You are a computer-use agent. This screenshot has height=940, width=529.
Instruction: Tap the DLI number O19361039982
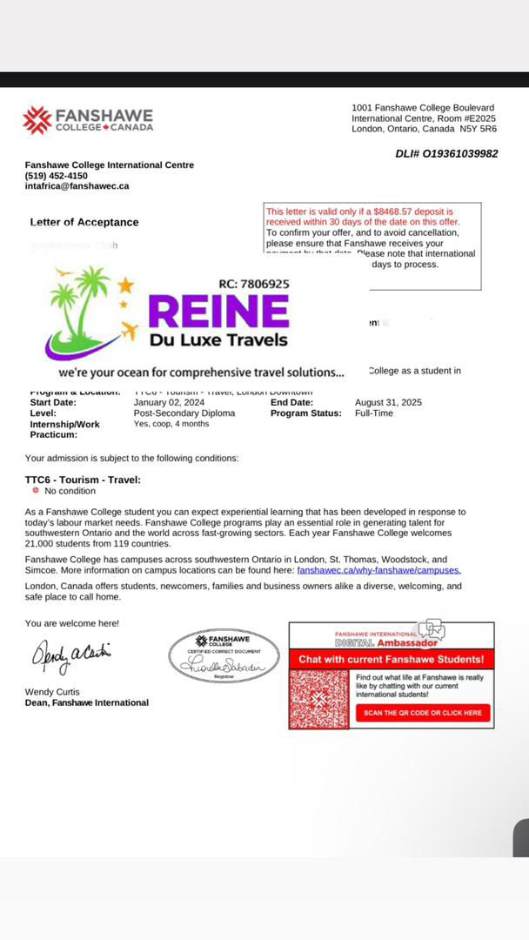pyautogui.click(x=446, y=154)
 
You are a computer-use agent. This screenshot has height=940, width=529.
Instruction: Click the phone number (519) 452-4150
pyautogui.click(x=57, y=176)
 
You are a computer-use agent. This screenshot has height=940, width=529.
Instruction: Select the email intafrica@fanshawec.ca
pyautogui.click(x=77, y=186)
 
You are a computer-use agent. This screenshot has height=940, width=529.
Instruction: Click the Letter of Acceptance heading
pyautogui.click(x=84, y=223)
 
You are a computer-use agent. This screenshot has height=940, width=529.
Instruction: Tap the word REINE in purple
pyautogui.click(x=218, y=312)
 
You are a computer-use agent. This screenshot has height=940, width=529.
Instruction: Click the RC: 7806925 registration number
pyautogui.click(x=248, y=284)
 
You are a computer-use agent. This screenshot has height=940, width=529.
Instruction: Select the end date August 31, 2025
pyautogui.click(x=388, y=403)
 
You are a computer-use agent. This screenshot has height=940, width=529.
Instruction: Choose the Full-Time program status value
pyautogui.click(x=374, y=413)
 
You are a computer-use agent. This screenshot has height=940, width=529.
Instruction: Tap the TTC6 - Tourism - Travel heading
pyautogui.click(x=83, y=480)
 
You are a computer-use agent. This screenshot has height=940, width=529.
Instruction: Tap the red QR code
pyautogui.click(x=319, y=699)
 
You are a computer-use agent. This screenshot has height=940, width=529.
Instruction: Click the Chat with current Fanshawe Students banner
pyautogui.click(x=391, y=660)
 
